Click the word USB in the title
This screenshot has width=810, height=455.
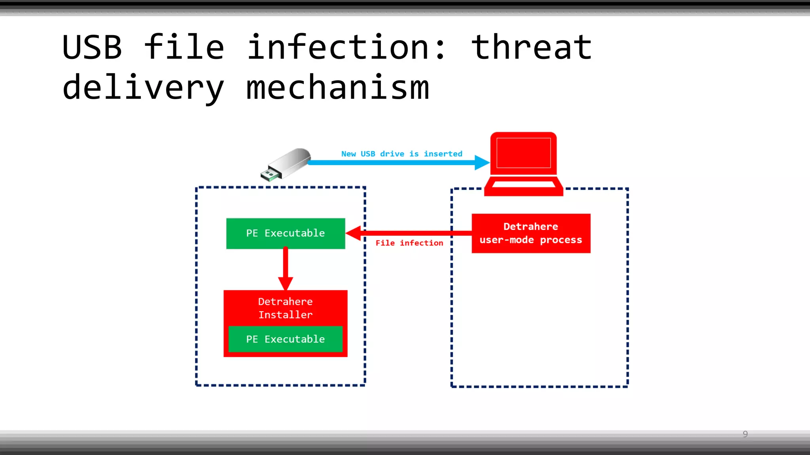pyautogui.click(x=92, y=47)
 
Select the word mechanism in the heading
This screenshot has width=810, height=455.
pyautogui.click(x=337, y=88)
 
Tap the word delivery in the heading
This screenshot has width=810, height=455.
pyautogui.click(x=143, y=88)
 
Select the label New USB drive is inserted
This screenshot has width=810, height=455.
pyautogui.click(x=401, y=154)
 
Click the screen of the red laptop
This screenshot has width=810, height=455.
pyautogui.click(x=523, y=153)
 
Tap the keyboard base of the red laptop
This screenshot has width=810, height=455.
pyautogui.click(x=523, y=186)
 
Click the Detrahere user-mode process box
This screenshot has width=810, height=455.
pyautogui.click(x=531, y=233)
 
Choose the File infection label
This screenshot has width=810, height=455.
pyautogui.click(x=409, y=243)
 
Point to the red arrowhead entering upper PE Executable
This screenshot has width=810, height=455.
pyautogui.click(x=353, y=233)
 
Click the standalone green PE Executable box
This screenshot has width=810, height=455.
pyautogui.click(x=285, y=233)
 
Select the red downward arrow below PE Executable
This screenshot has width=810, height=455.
pyautogui.click(x=285, y=269)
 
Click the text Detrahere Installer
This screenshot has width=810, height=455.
pyautogui.click(x=285, y=308)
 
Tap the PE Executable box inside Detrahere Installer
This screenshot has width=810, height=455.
pyautogui.click(x=285, y=339)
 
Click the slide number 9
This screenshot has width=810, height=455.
pyautogui.click(x=745, y=434)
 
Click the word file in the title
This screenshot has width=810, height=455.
pyautogui.click(x=184, y=47)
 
